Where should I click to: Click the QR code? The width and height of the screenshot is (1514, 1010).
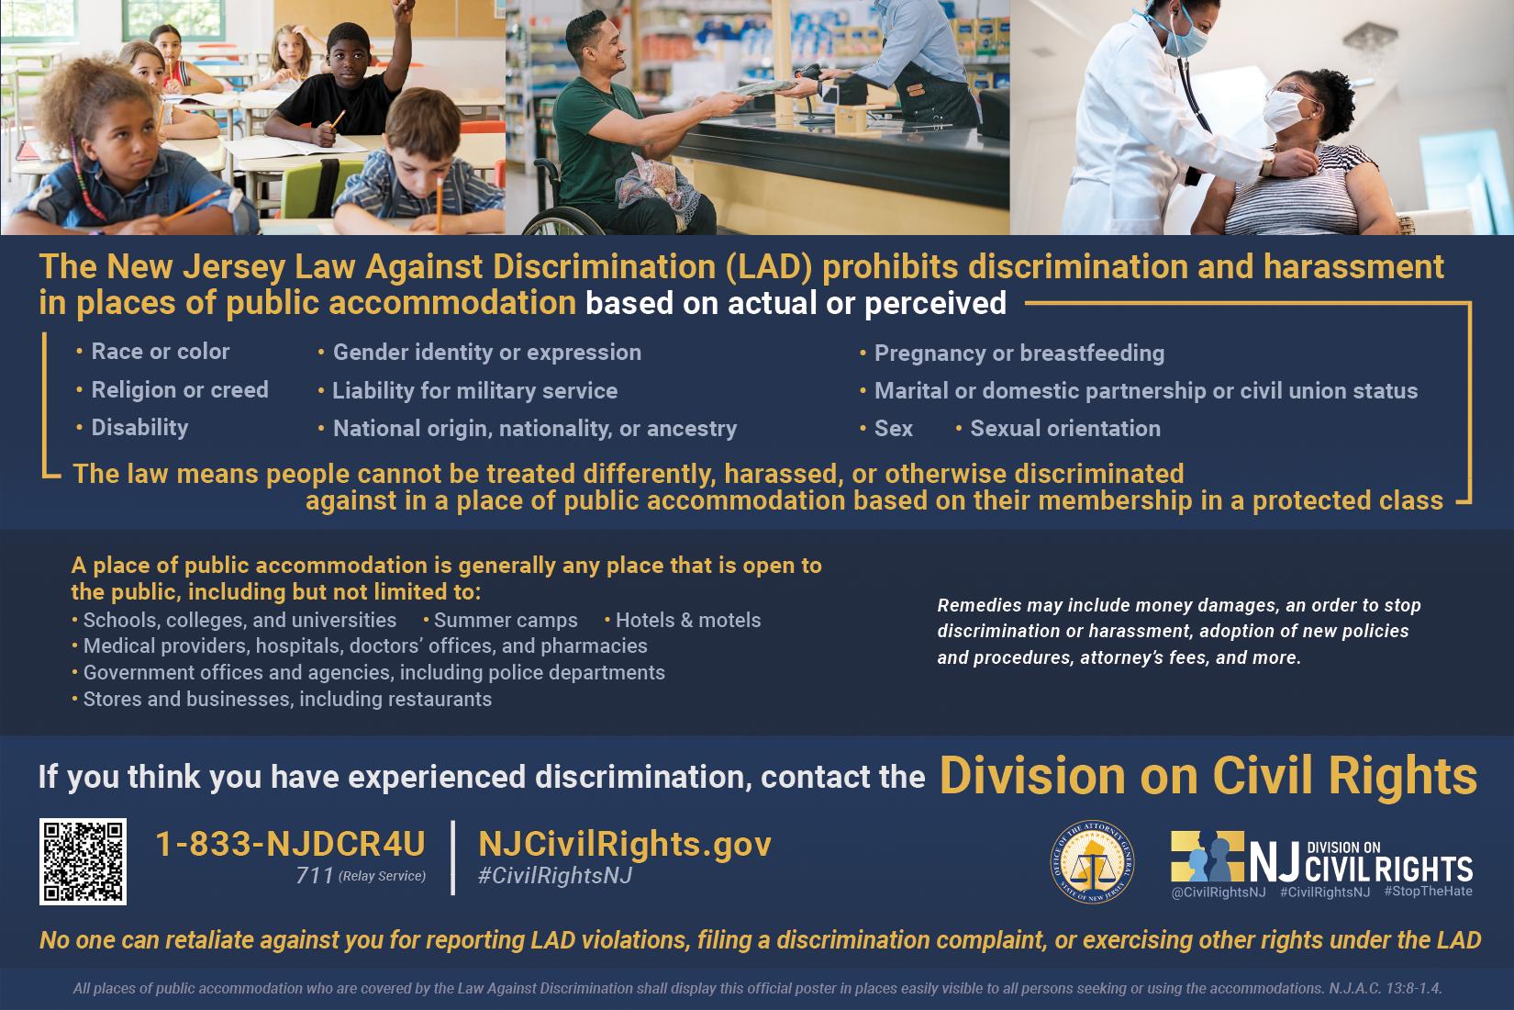83,861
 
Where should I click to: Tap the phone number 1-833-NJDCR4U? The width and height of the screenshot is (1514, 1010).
291,844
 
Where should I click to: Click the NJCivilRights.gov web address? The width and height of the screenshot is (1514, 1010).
625,844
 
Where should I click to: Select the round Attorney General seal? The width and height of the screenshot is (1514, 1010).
1092,862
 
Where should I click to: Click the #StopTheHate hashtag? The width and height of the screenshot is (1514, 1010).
1428,891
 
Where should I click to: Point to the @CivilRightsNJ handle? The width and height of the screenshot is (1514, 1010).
1218,892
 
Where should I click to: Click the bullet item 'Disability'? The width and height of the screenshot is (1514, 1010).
139,428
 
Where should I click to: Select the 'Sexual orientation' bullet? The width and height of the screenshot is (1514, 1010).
1059,428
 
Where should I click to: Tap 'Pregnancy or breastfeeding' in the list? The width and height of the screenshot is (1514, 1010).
1012,353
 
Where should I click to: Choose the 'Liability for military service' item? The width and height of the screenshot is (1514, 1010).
468,391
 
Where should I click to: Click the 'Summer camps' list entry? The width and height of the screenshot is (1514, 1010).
500,621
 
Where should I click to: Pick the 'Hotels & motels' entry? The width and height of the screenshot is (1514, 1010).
683,621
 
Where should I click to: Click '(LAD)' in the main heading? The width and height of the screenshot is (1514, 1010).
769,267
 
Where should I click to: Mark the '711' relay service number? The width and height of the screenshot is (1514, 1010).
315,875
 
